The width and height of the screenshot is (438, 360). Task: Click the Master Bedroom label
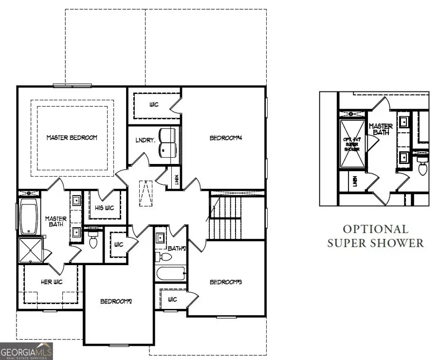click(72, 138)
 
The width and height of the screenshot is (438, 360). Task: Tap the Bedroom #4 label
click(226, 138)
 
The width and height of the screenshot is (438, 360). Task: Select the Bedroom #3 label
click(226, 282)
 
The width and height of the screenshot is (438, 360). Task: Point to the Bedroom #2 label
click(116, 301)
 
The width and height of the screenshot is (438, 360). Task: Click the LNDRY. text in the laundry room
click(145, 141)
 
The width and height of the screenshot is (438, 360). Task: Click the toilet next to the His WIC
click(93, 239)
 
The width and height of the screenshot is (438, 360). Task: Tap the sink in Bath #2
click(160, 238)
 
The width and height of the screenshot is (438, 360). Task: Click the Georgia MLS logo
click(26, 351)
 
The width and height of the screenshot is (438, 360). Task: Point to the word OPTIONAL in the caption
click(375, 229)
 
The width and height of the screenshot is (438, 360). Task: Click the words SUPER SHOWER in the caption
click(375, 243)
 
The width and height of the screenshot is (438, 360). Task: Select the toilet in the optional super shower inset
click(422, 167)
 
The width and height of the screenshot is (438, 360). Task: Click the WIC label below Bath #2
click(172, 299)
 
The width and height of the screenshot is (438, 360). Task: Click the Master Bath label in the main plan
click(56, 221)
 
